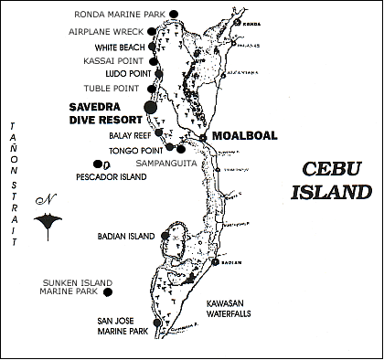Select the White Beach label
pyautogui.click(x=119, y=46)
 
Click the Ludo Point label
pyautogui.click(x=120, y=75)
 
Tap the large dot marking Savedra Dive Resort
pyautogui.click(x=152, y=108)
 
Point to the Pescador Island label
pyautogui.click(x=109, y=175)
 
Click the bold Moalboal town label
pyautogui.click(x=244, y=136)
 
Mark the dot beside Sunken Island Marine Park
pyautogui.click(x=108, y=292)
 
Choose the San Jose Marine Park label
pyautogui.click(x=123, y=326)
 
